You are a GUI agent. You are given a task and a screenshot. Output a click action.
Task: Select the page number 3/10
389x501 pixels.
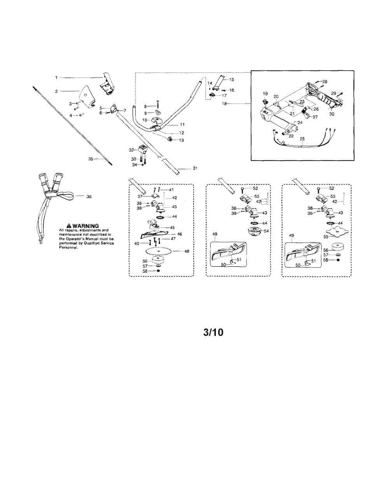tap(213, 332)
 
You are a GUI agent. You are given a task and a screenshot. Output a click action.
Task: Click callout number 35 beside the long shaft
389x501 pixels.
tap(91, 159)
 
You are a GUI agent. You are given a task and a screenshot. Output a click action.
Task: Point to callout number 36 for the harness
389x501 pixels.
tap(89, 196)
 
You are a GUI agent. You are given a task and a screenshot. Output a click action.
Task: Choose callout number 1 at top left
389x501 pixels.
tap(56, 77)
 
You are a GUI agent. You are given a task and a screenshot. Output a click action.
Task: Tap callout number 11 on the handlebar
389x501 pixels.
tap(182, 124)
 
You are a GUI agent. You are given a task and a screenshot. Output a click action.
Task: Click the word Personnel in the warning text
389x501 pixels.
tap(69, 247)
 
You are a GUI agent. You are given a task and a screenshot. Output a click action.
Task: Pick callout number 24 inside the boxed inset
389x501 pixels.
tap(299, 123)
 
